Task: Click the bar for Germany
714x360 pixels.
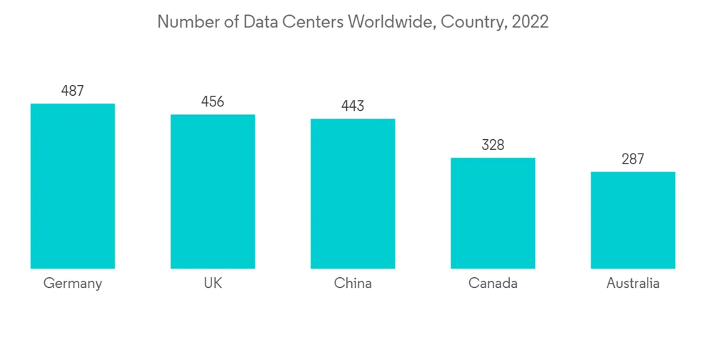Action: [x=72, y=186]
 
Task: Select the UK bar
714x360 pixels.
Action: [x=213, y=191]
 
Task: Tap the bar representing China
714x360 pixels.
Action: [x=353, y=194]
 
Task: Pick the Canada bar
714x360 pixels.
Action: [x=493, y=213]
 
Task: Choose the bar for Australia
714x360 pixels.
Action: [x=633, y=220]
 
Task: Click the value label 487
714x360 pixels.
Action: [x=72, y=91]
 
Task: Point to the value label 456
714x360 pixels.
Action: [x=213, y=101]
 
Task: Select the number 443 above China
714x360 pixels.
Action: [x=353, y=106]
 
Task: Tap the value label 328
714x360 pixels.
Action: [x=493, y=145]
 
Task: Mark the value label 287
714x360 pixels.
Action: [x=633, y=159]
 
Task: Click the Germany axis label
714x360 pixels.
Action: [x=72, y=284]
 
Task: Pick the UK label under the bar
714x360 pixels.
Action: [x=213, y=284]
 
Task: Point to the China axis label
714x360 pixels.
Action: [x=353, y=284]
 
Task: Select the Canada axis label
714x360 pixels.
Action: [x=493, y=284]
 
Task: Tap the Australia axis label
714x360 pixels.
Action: [x=633, y=284]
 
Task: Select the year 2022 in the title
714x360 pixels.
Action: [x=529, y=21]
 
